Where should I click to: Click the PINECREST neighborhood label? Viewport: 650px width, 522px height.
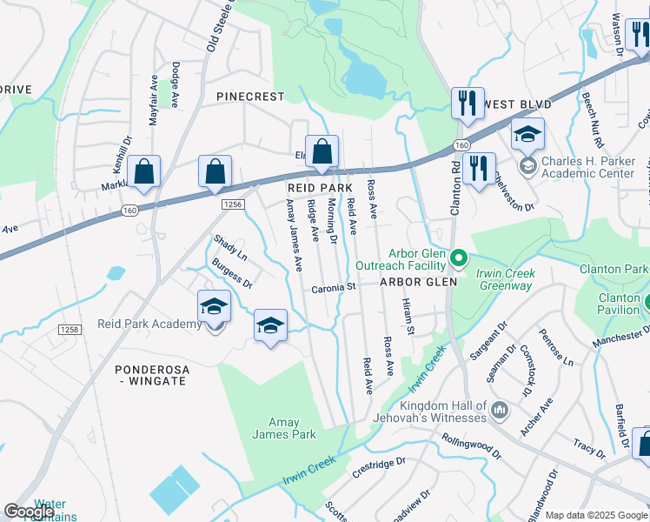coord(250,97)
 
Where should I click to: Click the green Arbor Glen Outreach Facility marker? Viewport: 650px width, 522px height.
coord(460,258)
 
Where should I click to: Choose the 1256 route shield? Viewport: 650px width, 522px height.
coord(231,203)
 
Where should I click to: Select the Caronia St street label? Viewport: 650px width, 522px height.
coord(335,286)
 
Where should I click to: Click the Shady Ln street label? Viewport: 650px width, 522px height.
coord(231,247)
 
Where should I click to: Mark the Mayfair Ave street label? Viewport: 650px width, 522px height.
coord(154,100)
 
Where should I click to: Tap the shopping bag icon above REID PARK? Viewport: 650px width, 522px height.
coord(322,151)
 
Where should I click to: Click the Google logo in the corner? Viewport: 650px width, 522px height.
coord(29,511)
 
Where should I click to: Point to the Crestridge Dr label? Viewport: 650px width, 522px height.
coord(378,470)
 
